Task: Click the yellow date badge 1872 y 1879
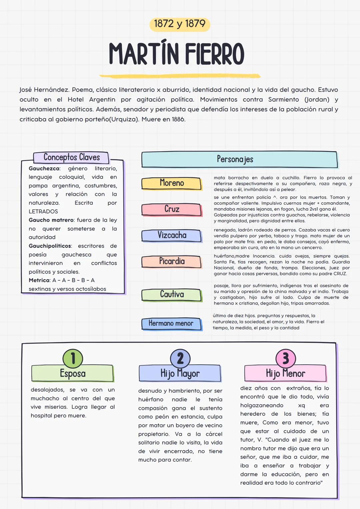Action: coord(179,24)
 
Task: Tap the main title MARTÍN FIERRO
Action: coord(177,54)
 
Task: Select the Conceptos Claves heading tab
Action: coord(71,157)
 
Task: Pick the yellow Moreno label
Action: coord(172,183)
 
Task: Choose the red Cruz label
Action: coord(172,209)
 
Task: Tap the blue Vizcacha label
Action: coord(172,235)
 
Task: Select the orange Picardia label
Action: coord(172,261)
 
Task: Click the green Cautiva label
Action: coord(172,294)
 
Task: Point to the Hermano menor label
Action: coord(171,323)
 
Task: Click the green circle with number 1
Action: coord(73,358)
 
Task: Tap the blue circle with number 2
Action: coord(180,358)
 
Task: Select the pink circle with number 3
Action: coord(286,358)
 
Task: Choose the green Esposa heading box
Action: coord(72,373)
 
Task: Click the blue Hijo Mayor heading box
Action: coord(180,373)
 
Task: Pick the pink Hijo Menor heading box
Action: coord(285,373)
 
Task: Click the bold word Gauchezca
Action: coord(44,169)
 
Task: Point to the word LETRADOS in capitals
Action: coord(43,211)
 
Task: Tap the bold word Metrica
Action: coord(39,280)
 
